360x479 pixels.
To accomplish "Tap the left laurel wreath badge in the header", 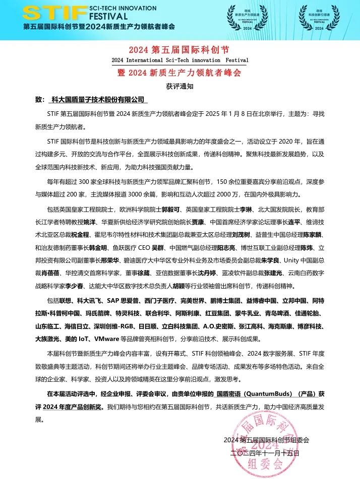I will [x=247, y=19].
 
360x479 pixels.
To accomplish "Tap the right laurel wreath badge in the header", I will [x=317, y=19].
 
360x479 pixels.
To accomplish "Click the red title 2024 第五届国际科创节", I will [x=179, y=49].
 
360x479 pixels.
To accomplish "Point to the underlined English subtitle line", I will [x=179, y=60].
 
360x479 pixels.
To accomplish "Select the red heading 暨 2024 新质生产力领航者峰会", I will [x=179, y=73].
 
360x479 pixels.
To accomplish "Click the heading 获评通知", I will [x=179, y=86].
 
